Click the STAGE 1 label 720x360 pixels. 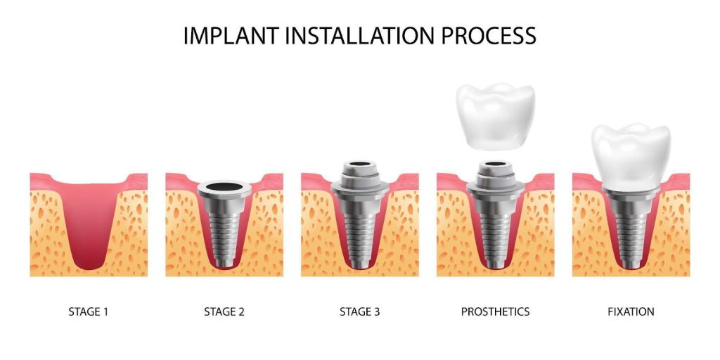[x=89, y=311]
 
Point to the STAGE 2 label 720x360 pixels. [x=224, y=311]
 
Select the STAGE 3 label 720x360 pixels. [x=359, y=311]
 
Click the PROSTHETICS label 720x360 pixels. [x=495, y=311]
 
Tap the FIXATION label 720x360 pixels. [x=631, y=311]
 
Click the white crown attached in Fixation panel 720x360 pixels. [x=631, y=156]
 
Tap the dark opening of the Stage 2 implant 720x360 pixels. [x=224, y=188]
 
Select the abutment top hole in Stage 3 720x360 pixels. [x=359, y=168]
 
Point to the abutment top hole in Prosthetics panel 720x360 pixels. [x=495, y=168]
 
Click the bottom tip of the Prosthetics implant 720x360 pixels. [x=495, y=264]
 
